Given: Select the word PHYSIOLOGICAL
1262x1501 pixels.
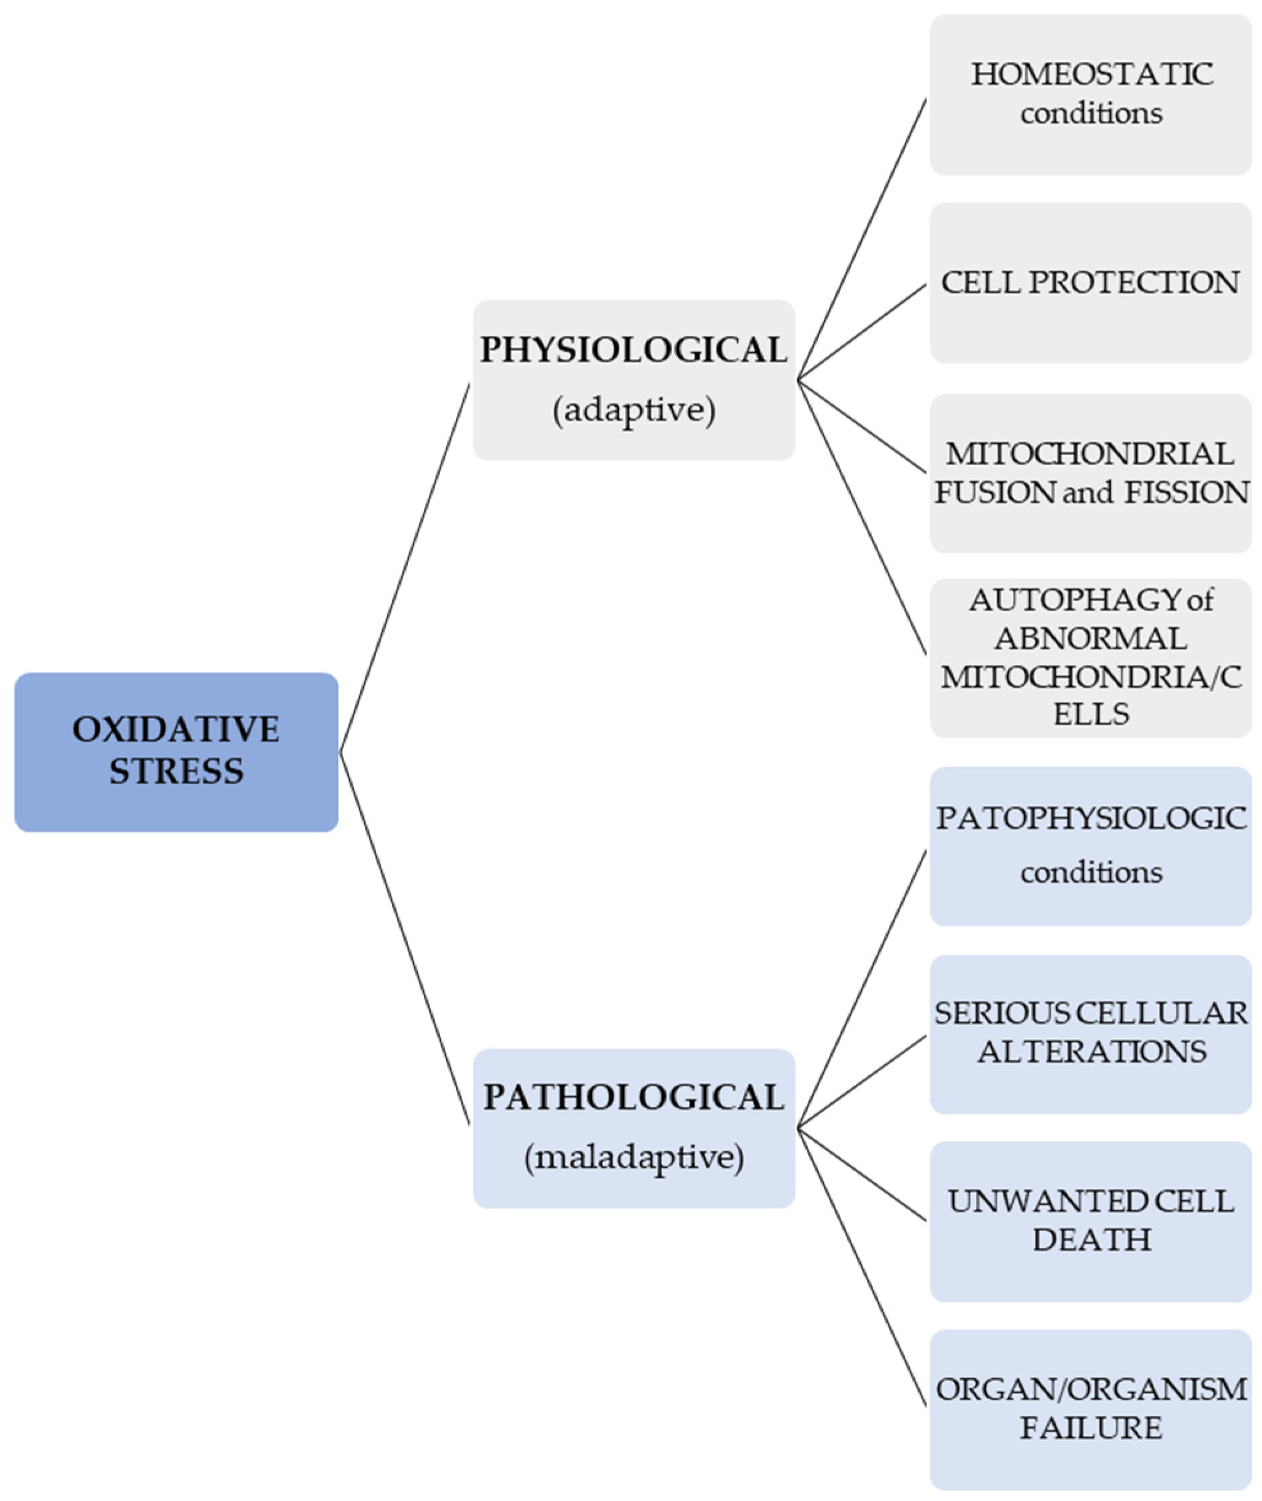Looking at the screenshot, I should [633, 350].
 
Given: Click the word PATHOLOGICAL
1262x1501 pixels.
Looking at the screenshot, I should [633, 1097].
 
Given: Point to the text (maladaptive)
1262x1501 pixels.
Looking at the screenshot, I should [633, 1157].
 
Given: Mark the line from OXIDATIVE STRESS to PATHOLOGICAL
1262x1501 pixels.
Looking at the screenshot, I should [405, 938].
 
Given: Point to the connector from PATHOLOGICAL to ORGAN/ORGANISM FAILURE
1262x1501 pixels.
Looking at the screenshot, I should [862, 1267].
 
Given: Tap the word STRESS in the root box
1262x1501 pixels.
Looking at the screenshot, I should [176, 771].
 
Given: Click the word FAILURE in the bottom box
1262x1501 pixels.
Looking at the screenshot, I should [1090, 1428].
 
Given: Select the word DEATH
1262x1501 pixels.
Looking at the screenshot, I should [1090, 1239].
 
